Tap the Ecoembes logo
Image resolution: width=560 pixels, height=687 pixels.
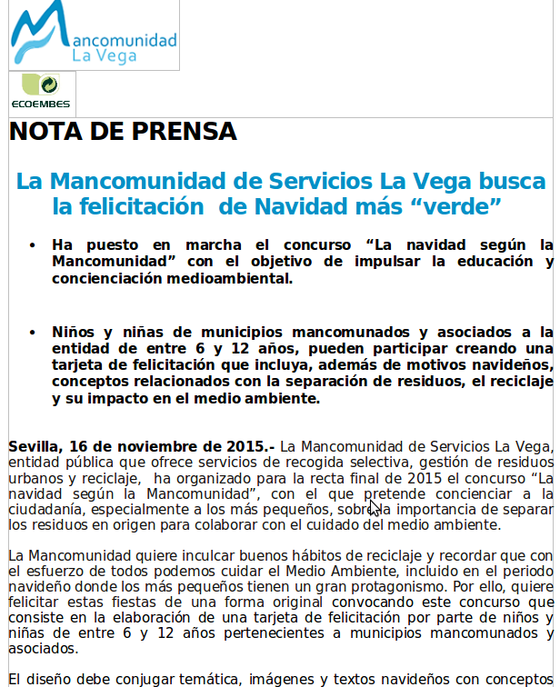(42, 94)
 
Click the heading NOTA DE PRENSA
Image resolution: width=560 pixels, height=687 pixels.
(123, 132)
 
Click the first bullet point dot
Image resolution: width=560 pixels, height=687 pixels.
(33, 245)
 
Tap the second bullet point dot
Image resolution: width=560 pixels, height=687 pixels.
(33, 333)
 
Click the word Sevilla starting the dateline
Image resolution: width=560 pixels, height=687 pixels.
(34, 446)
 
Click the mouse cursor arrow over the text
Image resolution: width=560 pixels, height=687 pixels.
(374, 508)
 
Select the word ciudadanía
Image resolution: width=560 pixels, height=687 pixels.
(46, 509)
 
